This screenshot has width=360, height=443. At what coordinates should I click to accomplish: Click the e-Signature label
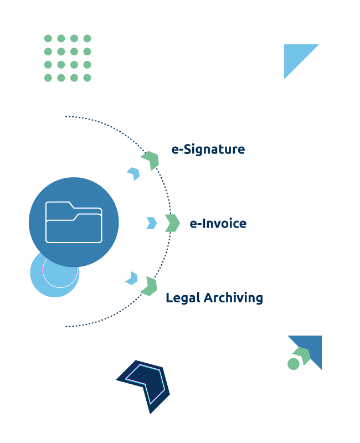pos(208,150)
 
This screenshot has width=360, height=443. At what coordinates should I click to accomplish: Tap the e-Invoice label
pos(218,224)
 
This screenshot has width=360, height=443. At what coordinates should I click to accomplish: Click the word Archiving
pos(233,298)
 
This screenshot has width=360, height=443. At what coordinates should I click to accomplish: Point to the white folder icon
pos(74,222)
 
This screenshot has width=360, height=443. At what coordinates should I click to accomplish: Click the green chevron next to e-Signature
pos(151,160)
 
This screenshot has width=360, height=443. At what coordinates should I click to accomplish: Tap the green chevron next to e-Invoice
pos(172,223)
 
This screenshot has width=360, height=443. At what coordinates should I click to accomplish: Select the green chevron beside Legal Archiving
pos(149,286)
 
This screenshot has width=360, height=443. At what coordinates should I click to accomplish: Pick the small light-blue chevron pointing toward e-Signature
pos(133,173)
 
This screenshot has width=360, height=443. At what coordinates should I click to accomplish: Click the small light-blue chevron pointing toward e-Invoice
pos(151,223)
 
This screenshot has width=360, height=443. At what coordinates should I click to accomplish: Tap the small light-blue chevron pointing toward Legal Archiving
pos(132,278)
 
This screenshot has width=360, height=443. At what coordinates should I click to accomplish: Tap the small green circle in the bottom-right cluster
pos(294,364)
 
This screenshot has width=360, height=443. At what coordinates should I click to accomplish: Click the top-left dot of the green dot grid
pos(48,39)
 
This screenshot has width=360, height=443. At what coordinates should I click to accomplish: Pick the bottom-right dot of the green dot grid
pos(87,78)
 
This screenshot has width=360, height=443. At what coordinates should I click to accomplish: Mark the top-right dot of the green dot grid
pos(87,39)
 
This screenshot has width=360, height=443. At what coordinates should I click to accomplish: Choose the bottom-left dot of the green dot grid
pos(48,78)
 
